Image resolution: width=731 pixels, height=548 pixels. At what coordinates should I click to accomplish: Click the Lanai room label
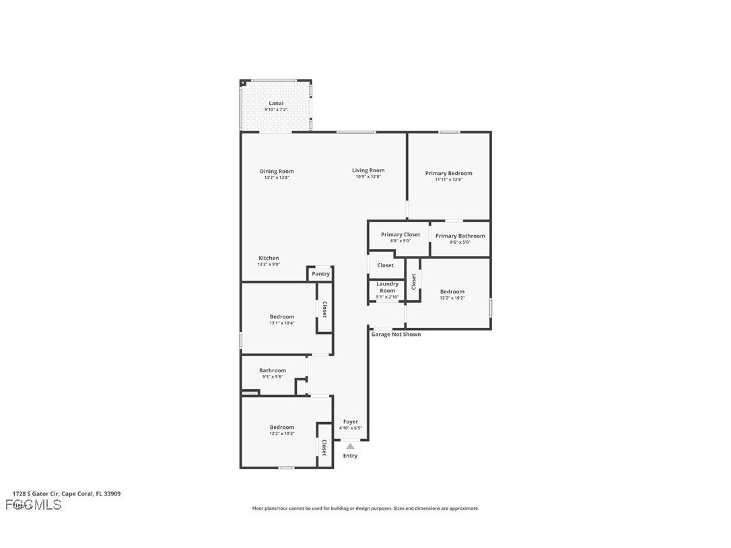click(x=276, y=103)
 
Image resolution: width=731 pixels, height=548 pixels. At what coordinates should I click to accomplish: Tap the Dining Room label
click(x=277, y=171)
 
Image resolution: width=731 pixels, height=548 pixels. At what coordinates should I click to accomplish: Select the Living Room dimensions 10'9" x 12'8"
click(x=368, y=176)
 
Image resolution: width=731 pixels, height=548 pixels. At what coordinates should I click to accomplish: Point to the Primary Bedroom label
click(x=448, y=173)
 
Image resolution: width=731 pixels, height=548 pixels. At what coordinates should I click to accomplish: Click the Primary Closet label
click(x=401, y=234)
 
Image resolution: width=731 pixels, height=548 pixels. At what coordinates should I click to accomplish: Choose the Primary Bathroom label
click(x=460, y=236)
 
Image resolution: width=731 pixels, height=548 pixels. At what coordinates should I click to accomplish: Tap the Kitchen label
click(x=269, y=258)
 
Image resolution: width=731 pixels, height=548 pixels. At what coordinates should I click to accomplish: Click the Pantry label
click(x=321, y=274)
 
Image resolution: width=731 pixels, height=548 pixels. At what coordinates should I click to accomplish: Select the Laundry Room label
click(x=387, y=287)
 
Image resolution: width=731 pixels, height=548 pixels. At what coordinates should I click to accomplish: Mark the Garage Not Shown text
click(x=396, y=335)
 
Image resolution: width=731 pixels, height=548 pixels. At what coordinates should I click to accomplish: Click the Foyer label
click(x=351, y=421)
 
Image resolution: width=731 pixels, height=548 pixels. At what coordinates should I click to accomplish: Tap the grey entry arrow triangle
click(x=350, y=446)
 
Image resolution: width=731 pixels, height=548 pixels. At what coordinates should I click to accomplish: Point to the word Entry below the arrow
click(x=350, y=456)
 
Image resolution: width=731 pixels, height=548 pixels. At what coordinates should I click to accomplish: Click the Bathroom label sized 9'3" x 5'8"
click(x=273, y=370)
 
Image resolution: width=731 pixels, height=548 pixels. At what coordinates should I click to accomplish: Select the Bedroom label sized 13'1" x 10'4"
click(x=282, y=316)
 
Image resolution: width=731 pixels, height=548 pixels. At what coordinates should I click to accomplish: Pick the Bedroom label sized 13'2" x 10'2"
click(x=282, y=427)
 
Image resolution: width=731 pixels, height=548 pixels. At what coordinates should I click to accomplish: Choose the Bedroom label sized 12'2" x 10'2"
click(x=452, y=292)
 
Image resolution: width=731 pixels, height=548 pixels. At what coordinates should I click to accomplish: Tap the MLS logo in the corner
click(x=33, y=505)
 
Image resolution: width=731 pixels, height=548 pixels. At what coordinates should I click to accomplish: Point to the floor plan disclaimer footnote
click(x=365, y=508)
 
